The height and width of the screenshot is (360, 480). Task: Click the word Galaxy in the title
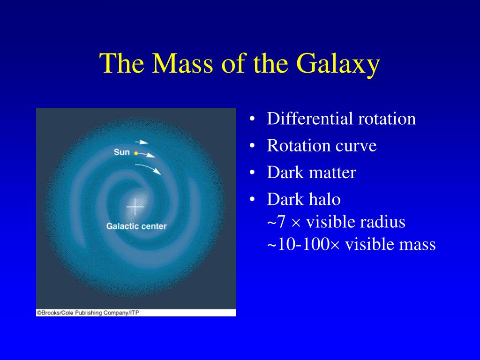338,64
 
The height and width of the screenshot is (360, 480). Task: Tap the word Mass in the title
182,63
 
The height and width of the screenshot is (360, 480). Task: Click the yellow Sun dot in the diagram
136,153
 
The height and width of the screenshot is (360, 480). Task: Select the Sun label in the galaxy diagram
121,152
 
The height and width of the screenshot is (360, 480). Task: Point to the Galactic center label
136,226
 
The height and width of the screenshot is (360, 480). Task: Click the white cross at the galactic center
135,207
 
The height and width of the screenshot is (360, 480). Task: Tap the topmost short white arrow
142,142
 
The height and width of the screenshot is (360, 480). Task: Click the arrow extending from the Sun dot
146,155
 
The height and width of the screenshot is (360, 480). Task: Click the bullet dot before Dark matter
252,173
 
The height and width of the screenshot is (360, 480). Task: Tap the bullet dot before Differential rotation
252,119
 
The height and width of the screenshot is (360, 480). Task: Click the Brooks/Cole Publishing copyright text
88,313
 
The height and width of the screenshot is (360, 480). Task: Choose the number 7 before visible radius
281,222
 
